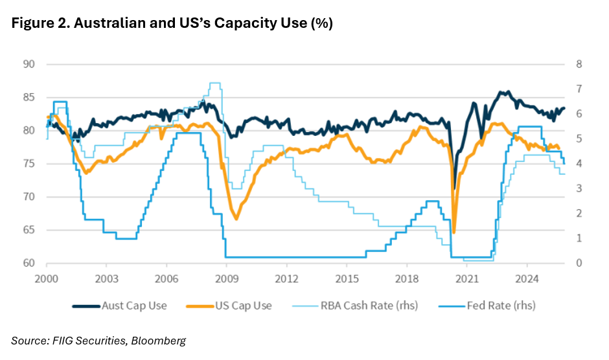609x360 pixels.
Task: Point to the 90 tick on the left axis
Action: [x=28, y=64]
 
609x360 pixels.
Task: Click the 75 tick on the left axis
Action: [x=28, y=164]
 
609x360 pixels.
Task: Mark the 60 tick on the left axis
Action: [x=28, y=263]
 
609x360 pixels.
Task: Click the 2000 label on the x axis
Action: [x=46, y=279]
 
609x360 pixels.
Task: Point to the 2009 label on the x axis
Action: [x=226, y=279]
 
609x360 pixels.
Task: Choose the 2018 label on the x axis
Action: [x=406, y=279]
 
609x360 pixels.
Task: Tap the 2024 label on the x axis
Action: [x=527, y=279]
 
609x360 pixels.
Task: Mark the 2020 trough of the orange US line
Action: [x=454, y=232]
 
